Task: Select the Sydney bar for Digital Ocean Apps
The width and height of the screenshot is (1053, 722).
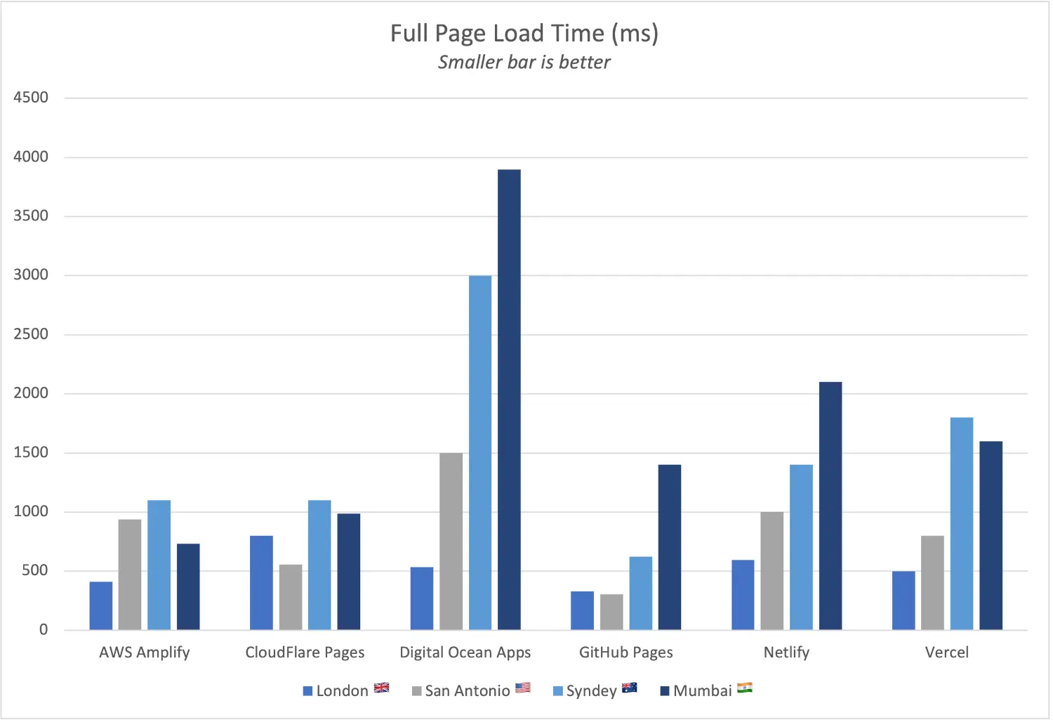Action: click(x=480, y=452)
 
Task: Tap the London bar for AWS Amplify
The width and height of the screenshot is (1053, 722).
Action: click(x=101, y=605)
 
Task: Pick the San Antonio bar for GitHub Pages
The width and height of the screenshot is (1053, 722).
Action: click(x=611, y=612)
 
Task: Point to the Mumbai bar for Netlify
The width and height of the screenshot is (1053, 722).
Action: click(x=830, y=506)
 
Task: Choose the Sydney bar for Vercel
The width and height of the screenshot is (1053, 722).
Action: click(x=962, y=523)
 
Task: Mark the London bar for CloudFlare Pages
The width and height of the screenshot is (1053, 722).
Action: click(x=261, y=582)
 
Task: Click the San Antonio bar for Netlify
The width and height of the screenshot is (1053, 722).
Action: click(x=772, y=570)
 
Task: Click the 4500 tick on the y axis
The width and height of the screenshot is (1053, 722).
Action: click(x=31, y=98)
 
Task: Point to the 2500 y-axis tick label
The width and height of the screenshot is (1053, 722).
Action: click(x=31, y=334)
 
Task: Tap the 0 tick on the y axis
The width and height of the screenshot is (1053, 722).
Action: click(x=44, y=630)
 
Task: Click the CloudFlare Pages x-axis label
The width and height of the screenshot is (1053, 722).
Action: click(x=305, y=652)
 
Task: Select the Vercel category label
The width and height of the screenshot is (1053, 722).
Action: click(x=946, y=652)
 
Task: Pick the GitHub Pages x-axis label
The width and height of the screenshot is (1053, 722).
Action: click(x=625, y=652)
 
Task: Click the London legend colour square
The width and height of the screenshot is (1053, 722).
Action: click(x=307, y=691)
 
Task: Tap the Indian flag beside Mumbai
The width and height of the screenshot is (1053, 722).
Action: click(x=745, y=688)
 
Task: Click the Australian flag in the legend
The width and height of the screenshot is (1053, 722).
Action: click(x=630, y=688)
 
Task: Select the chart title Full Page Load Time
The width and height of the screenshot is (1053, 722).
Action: click(x=524, y=34)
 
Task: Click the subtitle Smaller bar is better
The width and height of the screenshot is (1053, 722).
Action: click(x=524, y=63)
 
